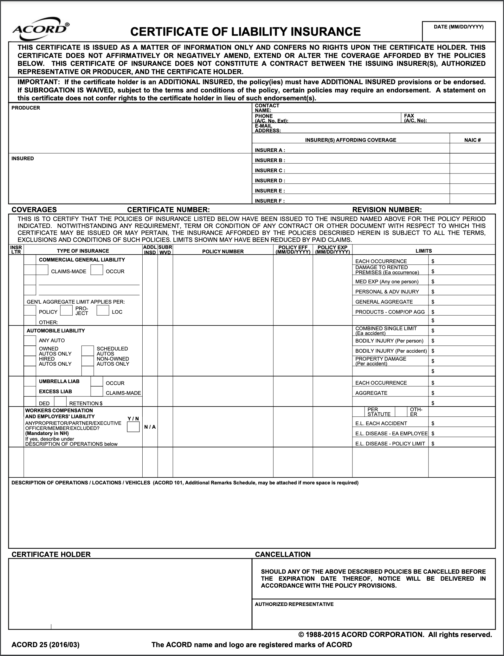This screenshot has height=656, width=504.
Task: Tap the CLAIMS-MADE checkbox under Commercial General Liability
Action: (x=42, y=270)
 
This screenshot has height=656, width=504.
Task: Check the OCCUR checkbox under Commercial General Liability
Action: (x=96, y=270)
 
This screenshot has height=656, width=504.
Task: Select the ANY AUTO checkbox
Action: (x=30, y=341)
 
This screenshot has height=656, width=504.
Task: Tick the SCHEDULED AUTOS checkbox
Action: (x=87, y=351)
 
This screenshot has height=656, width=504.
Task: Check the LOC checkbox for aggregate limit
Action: (x=103, y=311)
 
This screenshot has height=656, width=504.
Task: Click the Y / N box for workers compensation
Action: (x=133, y=427)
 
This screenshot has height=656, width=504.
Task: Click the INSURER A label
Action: (x=270, y=150)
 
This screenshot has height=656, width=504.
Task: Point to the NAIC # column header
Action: (x=472, y=140)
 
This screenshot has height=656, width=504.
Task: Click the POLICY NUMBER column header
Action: (x=223, y=251)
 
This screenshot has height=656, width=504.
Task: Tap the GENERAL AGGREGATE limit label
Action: (x=384, y=302)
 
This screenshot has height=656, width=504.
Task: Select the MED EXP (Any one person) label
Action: (x=387, y=281)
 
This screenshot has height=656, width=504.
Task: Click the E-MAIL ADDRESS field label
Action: (x=268, y=128)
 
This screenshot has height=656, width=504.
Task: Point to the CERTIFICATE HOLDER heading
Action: (x=51, y=554)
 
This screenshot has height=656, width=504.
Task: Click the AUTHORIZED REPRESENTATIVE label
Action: (x=294, y=604)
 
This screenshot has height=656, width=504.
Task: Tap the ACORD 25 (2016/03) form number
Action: (x=45, y=645)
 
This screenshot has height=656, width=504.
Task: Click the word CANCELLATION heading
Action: (x=283, y=554)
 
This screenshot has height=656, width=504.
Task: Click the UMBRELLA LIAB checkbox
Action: (x=30, y=382)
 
